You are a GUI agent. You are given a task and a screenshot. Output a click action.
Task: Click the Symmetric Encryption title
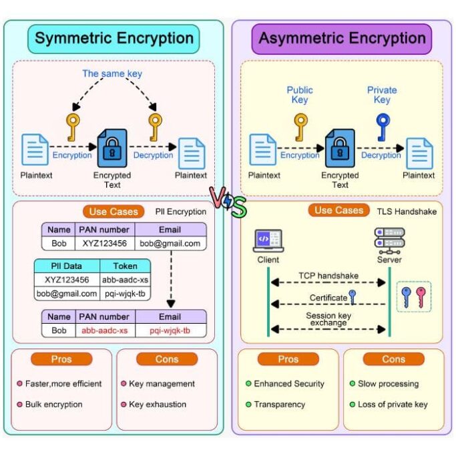[x=114, y=38]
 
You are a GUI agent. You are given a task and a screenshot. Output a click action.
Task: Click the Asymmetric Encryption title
[x=342, y=38]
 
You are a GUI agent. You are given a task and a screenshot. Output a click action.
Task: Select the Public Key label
[x=300, y=95]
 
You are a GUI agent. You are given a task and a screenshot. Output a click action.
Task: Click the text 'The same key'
[x=112, y=73]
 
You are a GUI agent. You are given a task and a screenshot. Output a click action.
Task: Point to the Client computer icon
[x=268, y=240]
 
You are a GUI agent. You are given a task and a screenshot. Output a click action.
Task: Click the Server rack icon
[x=389, y=239]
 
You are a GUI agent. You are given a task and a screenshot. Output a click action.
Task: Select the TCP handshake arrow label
[x=328, y=276]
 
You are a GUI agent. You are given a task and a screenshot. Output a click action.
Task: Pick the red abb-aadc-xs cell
[x=105, y=330]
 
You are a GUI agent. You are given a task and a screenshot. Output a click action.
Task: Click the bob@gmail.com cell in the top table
[x=170, y=244]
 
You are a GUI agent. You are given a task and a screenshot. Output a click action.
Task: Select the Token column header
[x=125, y=266]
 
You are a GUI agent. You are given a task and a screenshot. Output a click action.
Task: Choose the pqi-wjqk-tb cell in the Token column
[x=125, y=293]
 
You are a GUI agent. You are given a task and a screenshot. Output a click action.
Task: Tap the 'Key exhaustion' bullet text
[x=158, y=404]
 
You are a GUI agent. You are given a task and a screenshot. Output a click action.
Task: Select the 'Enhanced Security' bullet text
[x=289, y=384]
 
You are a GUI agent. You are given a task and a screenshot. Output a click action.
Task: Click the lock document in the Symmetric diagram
[x=111, y=148]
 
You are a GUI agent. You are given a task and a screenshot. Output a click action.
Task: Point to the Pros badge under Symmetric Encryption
[x=61, y=359]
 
